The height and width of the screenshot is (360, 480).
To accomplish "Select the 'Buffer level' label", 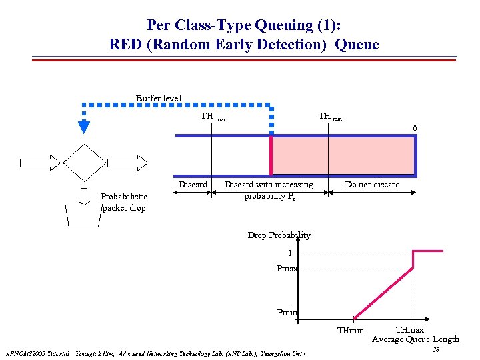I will (159, 98).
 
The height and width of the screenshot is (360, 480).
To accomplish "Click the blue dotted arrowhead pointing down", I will (84, 126).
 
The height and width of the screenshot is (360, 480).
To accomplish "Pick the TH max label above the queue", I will (213, 117).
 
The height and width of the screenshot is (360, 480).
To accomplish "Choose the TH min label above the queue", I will (330, 117).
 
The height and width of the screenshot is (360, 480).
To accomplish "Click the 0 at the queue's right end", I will (415, 129).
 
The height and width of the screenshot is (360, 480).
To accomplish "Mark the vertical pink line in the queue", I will (271, 157).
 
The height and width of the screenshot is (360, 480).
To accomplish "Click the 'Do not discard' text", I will (372, 184).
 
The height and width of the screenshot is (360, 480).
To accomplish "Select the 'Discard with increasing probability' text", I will (269, 190).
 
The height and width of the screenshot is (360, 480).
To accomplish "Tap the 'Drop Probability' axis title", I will (279, 235).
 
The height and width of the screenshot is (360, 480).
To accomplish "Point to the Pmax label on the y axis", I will (287, 268).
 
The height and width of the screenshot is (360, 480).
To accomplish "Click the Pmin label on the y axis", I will (287, 312).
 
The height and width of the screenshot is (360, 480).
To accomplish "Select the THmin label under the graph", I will (350, 331).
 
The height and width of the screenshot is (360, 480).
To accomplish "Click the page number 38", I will (435, 350).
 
